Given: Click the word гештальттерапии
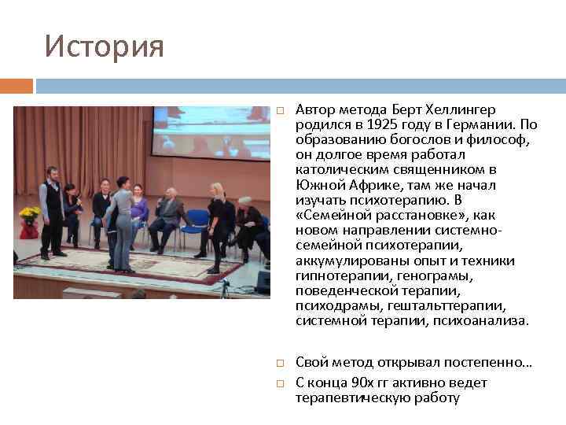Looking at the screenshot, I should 458,305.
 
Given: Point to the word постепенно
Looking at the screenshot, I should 490,364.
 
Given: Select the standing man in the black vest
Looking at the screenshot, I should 53,209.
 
